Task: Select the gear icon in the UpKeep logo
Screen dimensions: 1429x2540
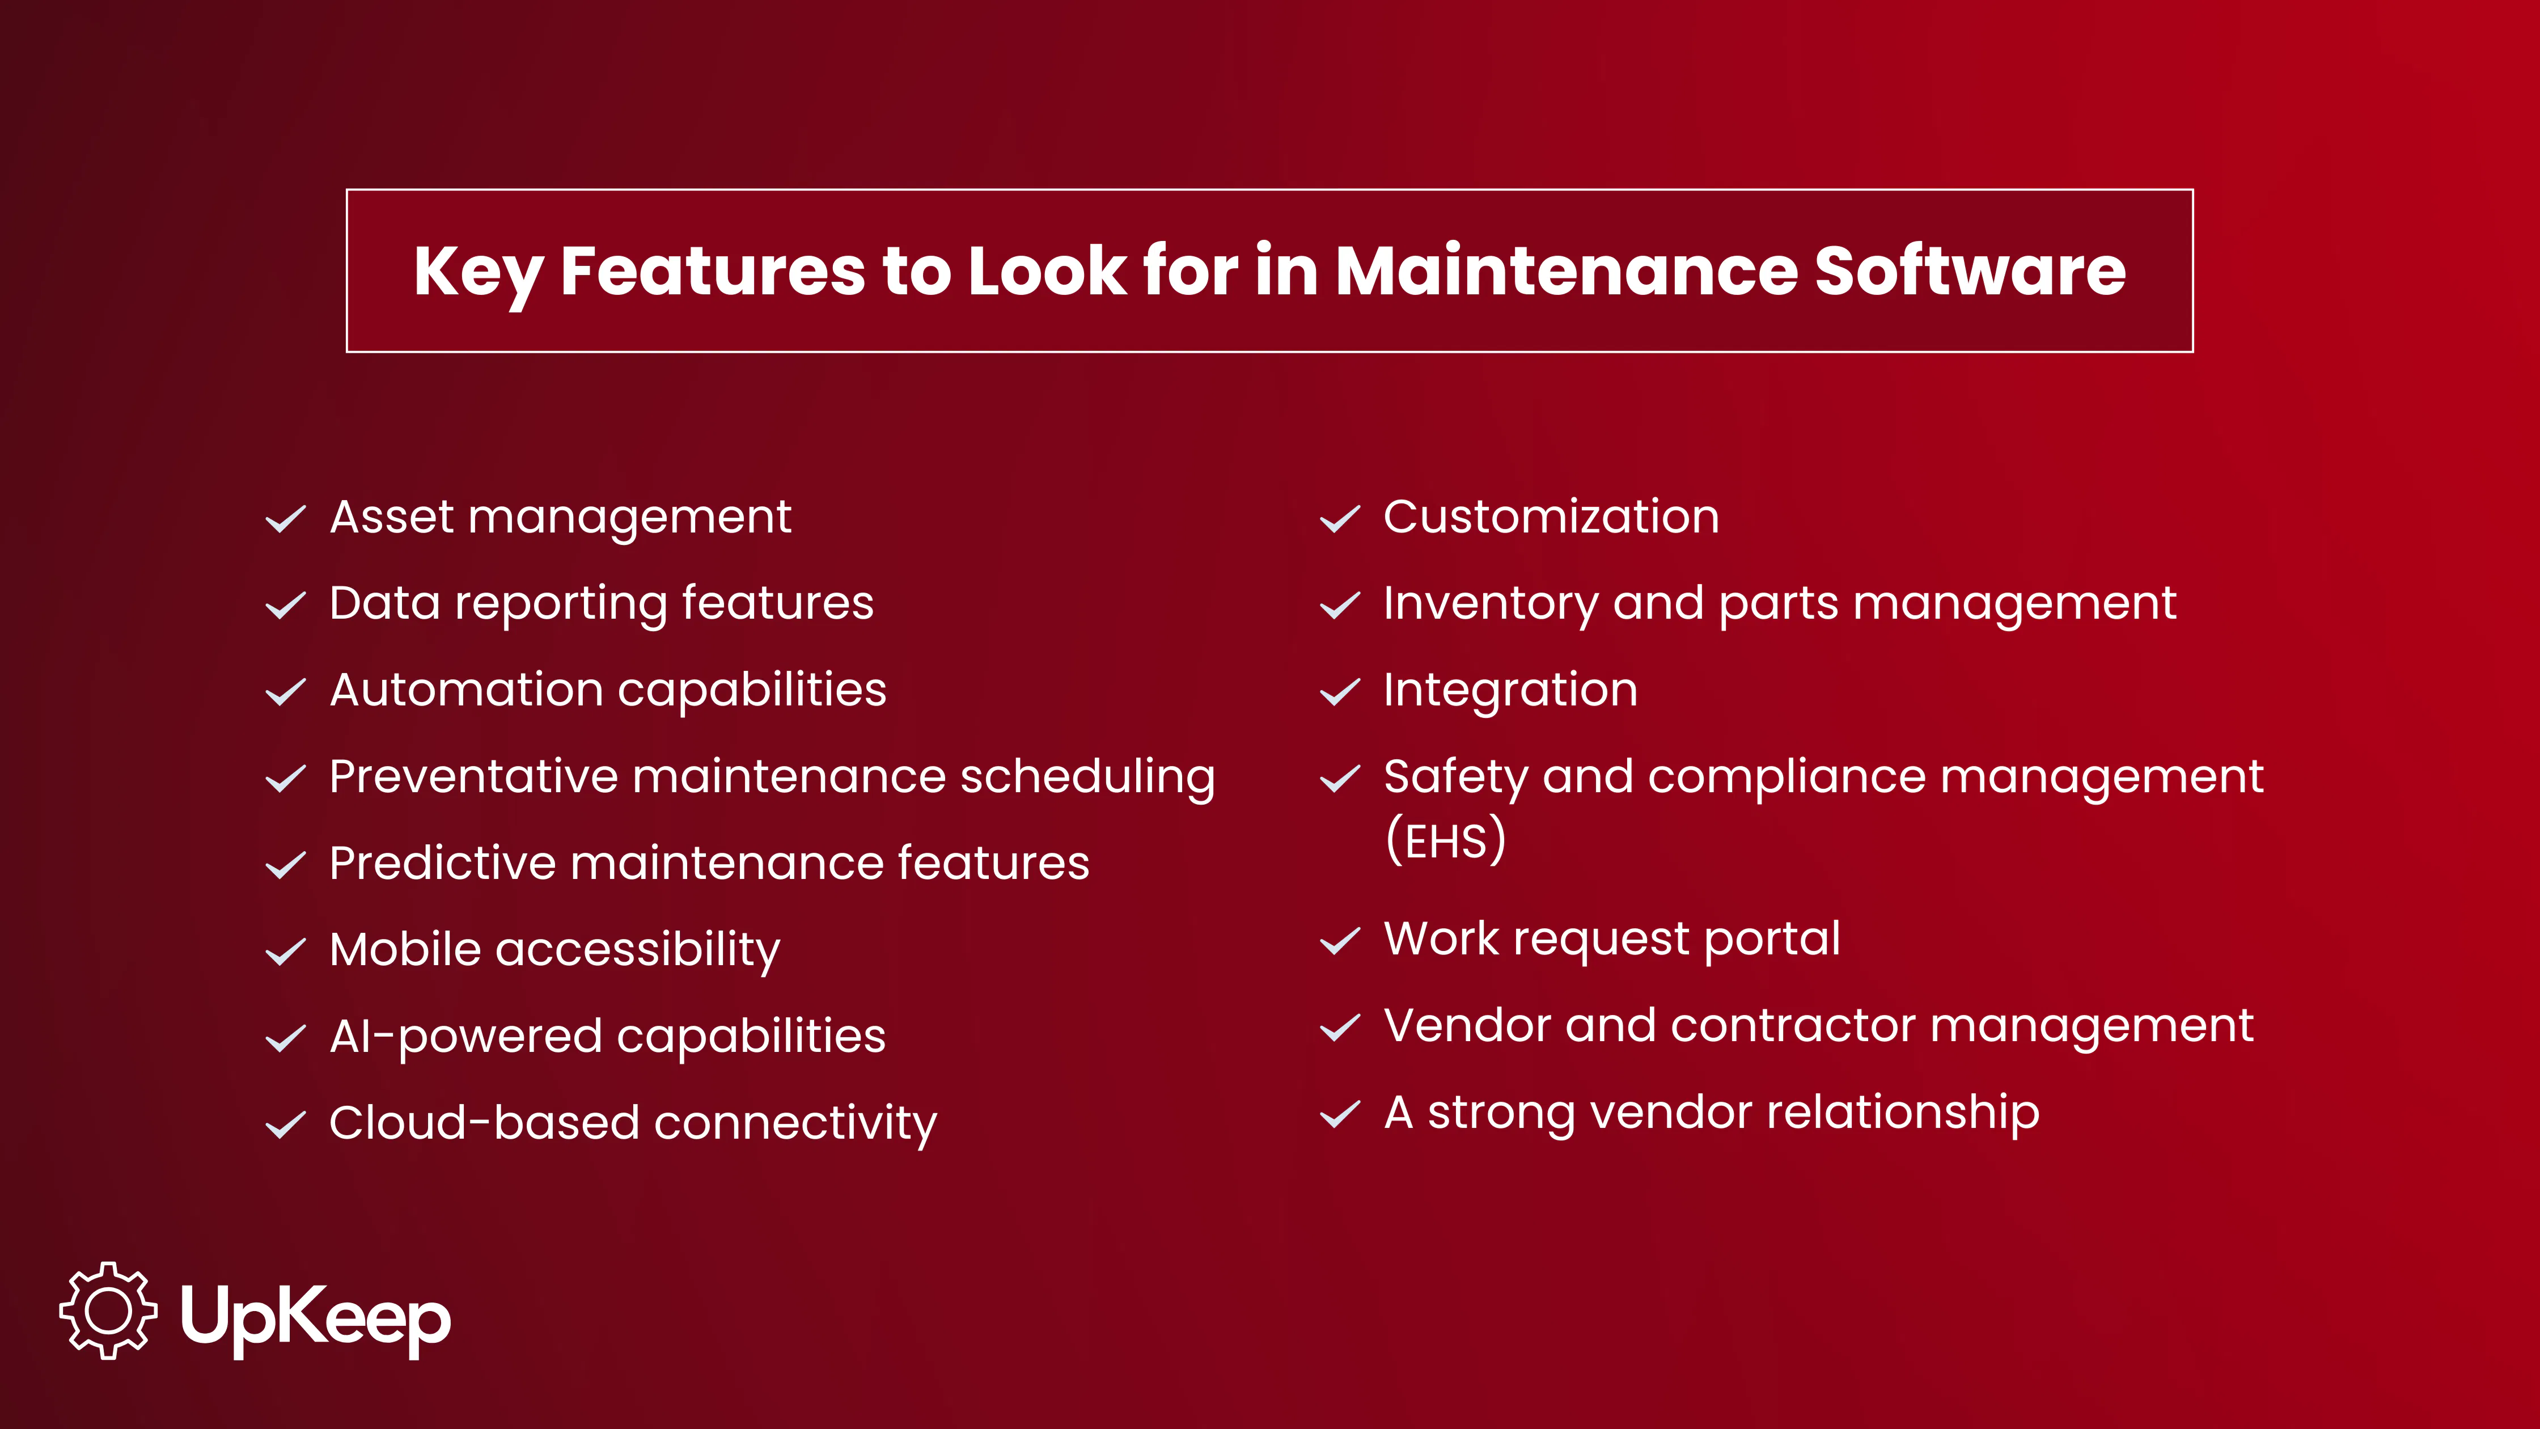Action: coord(108,1310)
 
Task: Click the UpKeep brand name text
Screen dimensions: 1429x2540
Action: coord(316,1317)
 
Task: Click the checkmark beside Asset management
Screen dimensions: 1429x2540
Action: coord(286,519)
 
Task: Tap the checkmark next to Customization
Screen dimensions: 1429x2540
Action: coord(1340,519)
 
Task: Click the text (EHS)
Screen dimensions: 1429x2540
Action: coord(1446,840)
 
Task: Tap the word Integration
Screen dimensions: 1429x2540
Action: coord(1510,690)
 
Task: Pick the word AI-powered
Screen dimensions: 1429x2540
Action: coord(465,1037)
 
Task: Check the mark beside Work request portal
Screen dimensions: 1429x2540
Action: coord(1340,941)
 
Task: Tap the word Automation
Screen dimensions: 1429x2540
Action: coord(465,690)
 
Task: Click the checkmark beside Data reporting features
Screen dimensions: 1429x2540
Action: coord(286,606)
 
